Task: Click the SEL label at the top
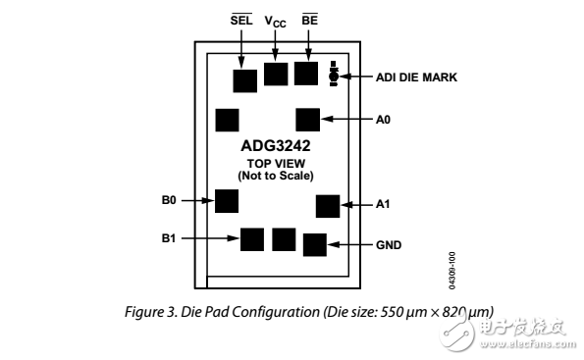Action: pos(240,20)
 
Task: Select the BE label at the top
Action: pos(310,20)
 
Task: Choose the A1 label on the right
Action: pos(383,205)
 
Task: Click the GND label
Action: pos(389,244)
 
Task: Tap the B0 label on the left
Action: pos(169,200)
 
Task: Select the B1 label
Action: pos(169,237)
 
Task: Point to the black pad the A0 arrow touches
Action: pos(308,120)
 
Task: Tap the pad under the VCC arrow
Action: pos(277,74)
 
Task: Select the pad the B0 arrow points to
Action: pos(227,201)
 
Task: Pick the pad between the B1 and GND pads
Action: pos(284,238)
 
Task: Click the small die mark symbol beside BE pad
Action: pos(334,75)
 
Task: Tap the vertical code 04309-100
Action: pos(452,270)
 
